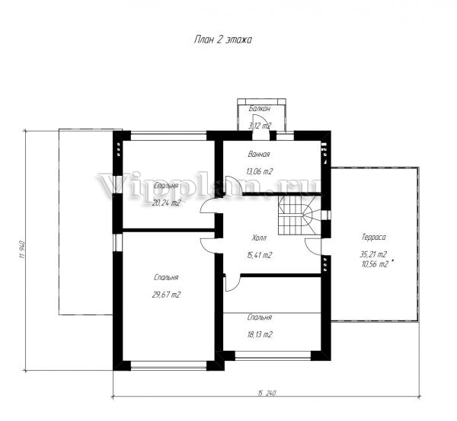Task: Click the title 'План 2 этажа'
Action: point(223,40)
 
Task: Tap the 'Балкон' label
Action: point(260,109)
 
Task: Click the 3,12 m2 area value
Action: point(260,126)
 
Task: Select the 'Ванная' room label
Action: point(259,154)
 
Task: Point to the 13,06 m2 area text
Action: point(260,171)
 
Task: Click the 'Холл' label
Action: point(259,238)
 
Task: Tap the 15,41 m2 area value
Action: point(259,256)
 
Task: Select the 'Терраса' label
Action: point(374,238)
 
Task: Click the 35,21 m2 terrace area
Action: point(373,254)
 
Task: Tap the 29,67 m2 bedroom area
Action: point(166,295)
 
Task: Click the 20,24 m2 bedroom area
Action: point(166,203)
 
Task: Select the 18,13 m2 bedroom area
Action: point(260,335)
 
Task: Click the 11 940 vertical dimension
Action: point(22,250)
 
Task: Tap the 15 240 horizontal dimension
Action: point(267,393)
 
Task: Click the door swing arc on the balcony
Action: point(261,120)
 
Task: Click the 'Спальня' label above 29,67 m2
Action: point(166,278)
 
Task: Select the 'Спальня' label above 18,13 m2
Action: point(260,317)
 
